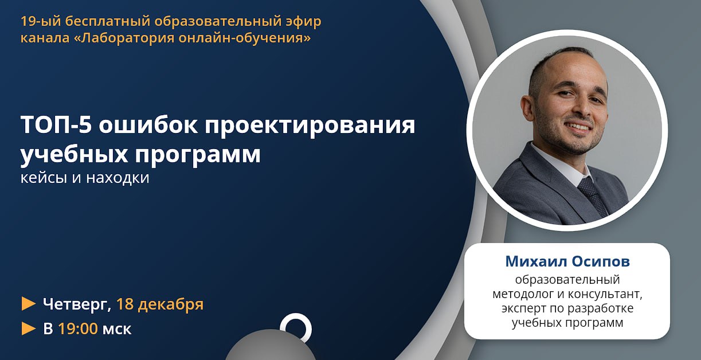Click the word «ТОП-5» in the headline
coord(56,124)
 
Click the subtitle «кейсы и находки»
coord(85,178)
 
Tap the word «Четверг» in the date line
coord(77,304)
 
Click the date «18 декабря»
coord(160,304)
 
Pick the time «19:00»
coord(78,328)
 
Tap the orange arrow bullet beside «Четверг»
coord(29,304)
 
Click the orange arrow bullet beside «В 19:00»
coord(29,328)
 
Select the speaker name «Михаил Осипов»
coord(567,261)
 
